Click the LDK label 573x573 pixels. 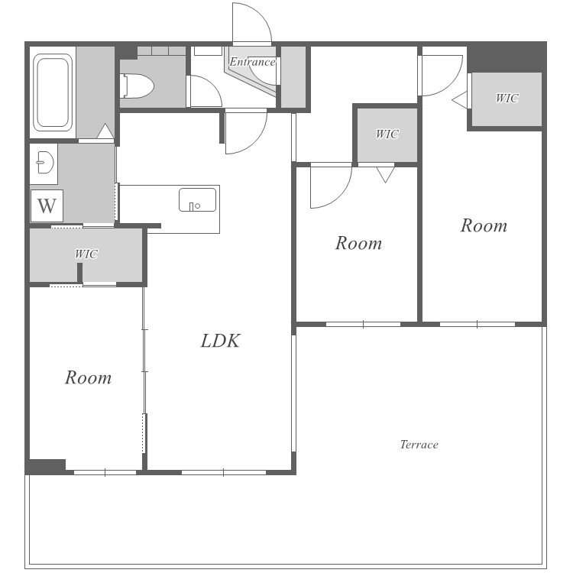pos(220,341)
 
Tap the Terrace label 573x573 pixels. pos(419,445)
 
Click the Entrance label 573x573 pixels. pos(253,62)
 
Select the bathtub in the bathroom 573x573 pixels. pos(53,92)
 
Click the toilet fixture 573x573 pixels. pos(136,86)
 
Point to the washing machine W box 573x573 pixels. pos(47,206)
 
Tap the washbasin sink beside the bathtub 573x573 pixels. pos(45,163)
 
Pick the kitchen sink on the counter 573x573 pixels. pos(197,200)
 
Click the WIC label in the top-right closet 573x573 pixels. pos(507,98)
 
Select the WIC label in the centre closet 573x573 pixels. pos(387,134)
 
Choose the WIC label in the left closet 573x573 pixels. pos(86,254)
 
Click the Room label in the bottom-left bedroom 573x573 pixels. pos(88,377)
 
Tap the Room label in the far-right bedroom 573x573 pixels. pos(484,225)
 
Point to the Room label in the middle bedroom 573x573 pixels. pos(358,243)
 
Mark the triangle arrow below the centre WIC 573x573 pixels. pos(386,175)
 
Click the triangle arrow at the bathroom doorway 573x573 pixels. pos(105,131)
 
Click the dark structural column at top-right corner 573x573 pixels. pos(507,57)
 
